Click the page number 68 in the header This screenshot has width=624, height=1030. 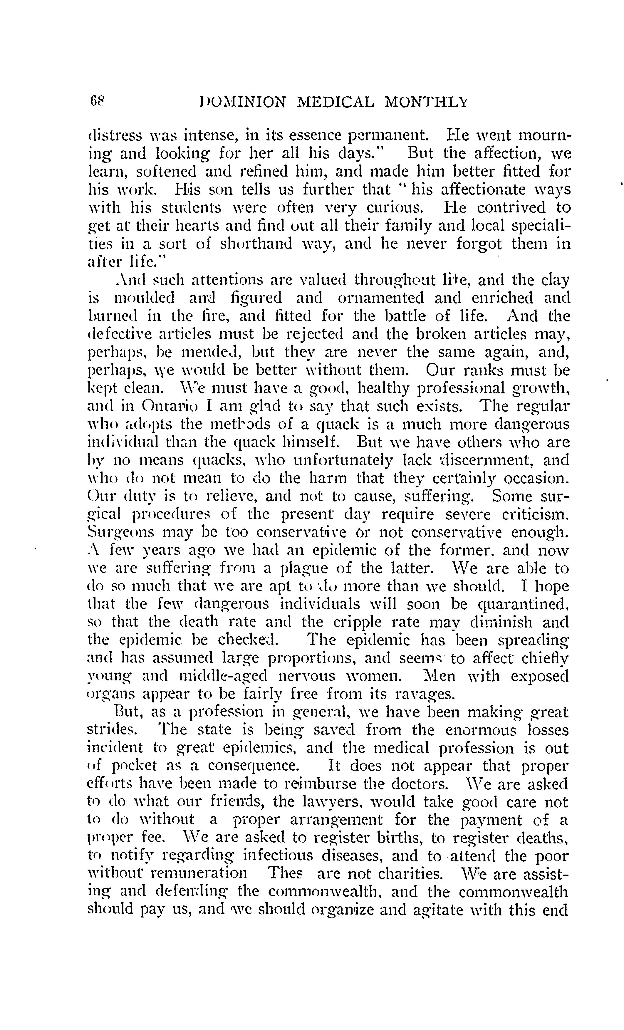pyautogui.click(x=97, y=102)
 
